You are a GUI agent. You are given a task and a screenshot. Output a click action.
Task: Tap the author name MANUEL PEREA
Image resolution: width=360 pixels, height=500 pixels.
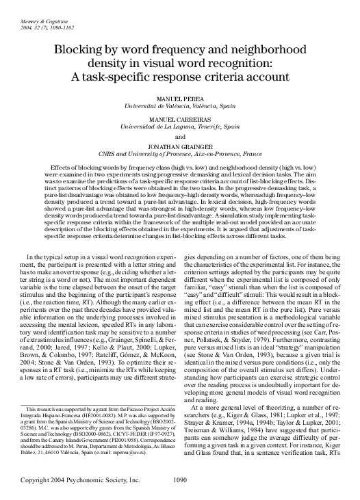180,100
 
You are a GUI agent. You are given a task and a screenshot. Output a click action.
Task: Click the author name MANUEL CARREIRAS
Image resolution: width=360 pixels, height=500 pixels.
180,120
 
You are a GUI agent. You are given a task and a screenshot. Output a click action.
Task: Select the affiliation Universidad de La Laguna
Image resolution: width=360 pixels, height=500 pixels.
157,127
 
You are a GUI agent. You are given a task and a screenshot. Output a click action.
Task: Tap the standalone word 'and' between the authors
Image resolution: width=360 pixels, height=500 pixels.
180,137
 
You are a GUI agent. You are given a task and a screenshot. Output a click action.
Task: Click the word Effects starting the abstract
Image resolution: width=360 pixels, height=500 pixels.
63,168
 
